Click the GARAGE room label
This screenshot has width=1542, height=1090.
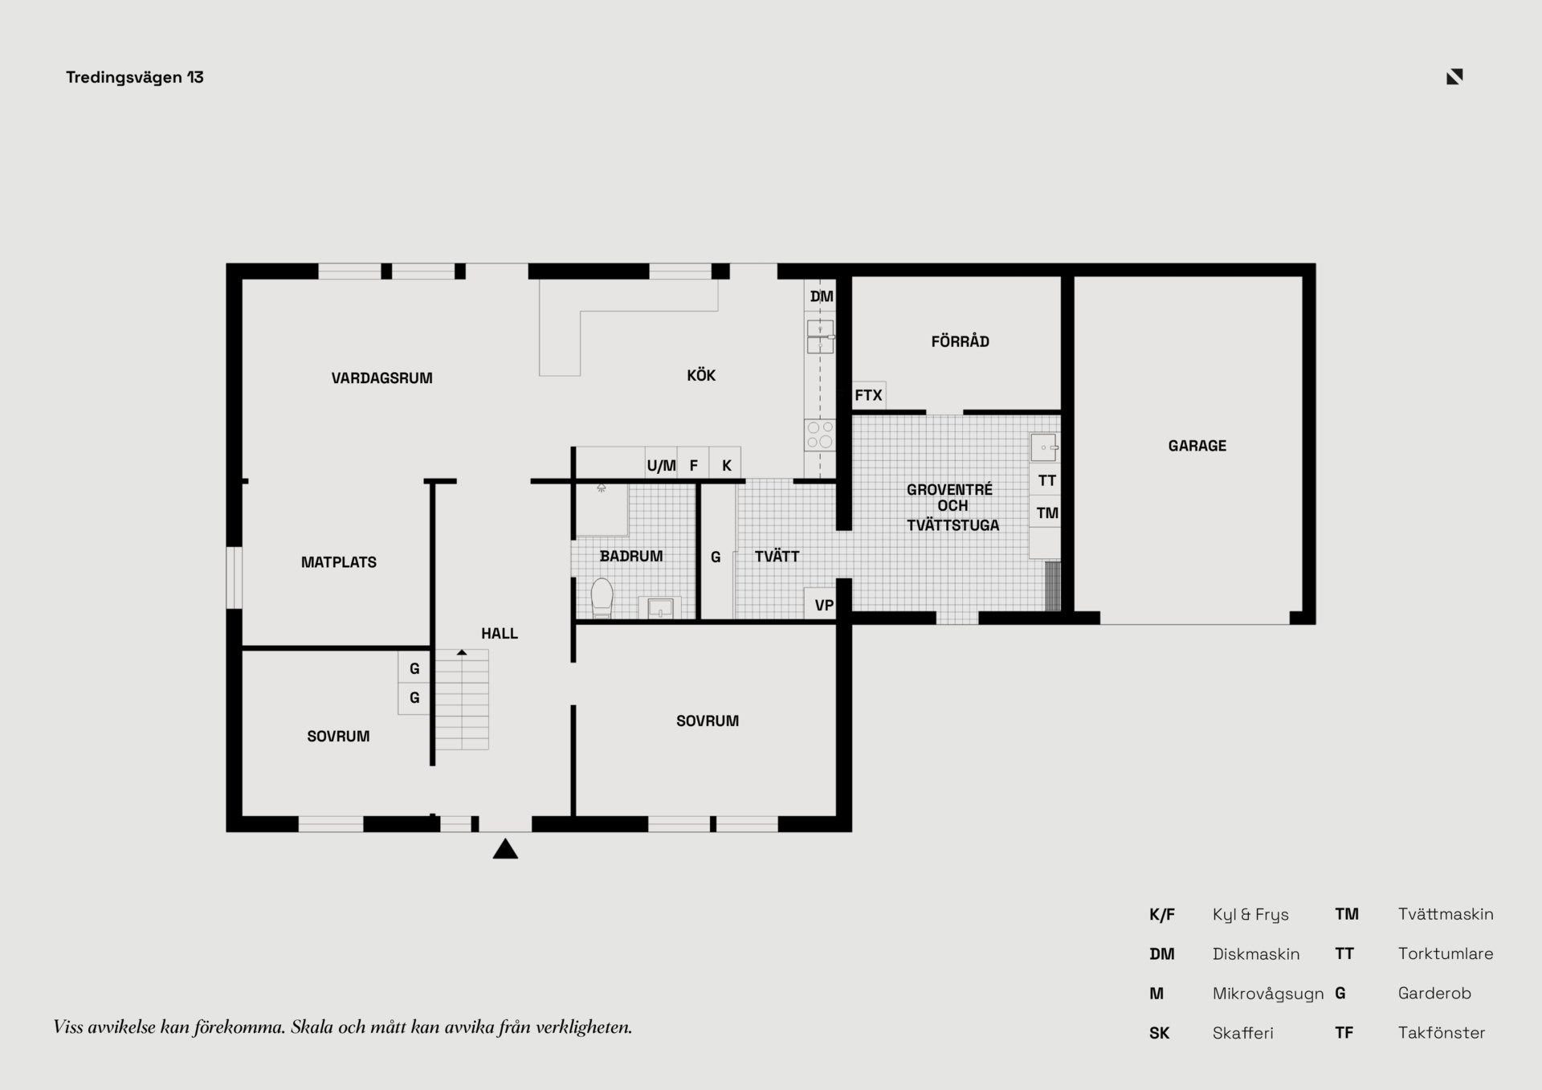tap(1197, 446)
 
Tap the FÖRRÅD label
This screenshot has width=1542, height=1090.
tap(960, 341)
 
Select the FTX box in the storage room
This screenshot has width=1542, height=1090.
tap(869, 395)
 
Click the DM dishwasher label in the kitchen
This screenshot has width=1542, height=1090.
tap(822, 296)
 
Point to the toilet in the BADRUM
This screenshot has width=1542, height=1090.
tap(602, 598)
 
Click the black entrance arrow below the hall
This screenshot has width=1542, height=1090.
tap(505, 848)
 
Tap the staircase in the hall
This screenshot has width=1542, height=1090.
tap(462, 700)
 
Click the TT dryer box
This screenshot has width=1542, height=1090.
tap(1046, 480)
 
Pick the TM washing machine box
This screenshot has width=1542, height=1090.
tap(1046, 512)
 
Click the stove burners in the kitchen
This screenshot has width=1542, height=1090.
tap(820, 435)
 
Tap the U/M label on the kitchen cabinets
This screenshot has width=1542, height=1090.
tap(661, 466)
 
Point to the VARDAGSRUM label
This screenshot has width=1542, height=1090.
tap(381, 378)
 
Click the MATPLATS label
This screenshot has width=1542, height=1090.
tap(338, 562)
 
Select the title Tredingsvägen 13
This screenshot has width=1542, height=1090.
tap(135, 77)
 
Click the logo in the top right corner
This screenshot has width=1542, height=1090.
tap(1454, 76)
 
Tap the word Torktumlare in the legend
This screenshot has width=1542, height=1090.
tap(1446, 953)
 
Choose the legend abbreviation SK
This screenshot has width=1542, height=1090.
tap(1159, 1033)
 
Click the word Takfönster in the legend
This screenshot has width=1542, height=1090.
tap(1442, 1033)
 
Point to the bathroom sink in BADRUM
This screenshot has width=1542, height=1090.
tap(660, 607)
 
